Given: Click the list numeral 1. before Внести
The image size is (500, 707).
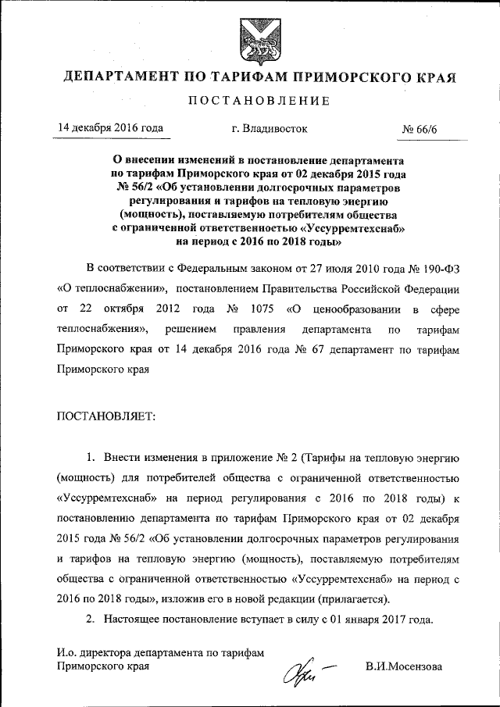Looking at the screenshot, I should (x=90, y=457).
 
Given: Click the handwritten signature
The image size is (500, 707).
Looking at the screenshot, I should (x=301, y=670).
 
